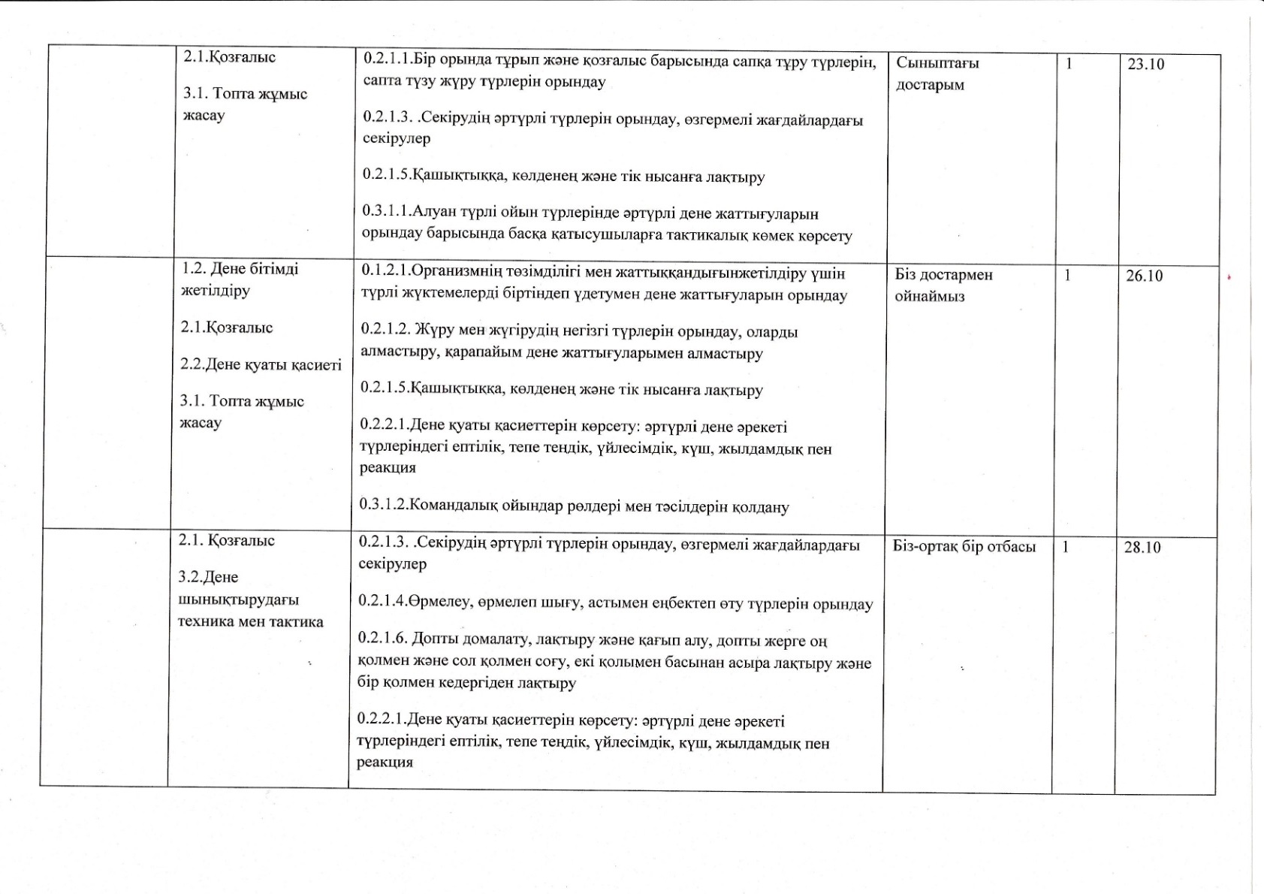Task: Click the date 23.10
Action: tap(1145, 65)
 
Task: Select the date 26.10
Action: tap(1144, 276)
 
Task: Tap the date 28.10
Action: tap(1142, 548)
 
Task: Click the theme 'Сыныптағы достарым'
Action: tap(937, 74)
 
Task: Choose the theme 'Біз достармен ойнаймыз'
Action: tap(943, 285)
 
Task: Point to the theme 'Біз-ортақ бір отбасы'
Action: tap(964, 546)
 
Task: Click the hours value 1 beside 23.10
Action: tap(1069, 64)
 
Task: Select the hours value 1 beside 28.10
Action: tap(1065, 547)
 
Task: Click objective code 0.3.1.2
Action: tap(383, 506)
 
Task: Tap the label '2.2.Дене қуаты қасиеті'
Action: tap(261, 365)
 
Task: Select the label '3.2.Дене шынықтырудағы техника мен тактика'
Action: tap(250, 600)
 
